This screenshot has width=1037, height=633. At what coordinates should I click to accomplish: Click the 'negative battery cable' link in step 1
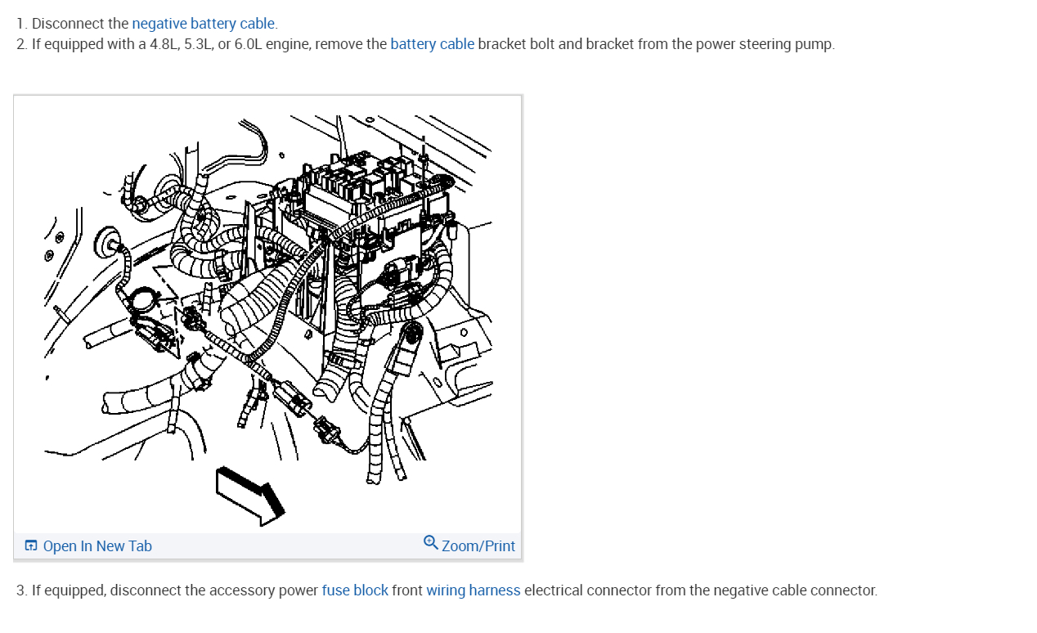(203, 24)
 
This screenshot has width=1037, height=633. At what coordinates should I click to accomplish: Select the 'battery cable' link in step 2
(432, 44)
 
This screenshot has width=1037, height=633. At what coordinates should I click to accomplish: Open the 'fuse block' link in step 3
(355, 590)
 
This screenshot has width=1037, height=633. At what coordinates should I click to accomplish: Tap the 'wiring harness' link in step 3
(473, 590)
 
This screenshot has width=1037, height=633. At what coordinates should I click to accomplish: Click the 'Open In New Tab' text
(97, 546)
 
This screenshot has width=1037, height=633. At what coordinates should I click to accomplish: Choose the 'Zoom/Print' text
(478, 546)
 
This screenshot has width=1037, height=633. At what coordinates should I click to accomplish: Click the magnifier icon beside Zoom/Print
(431, 543)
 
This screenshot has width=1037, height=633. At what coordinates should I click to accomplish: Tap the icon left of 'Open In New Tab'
(31, 546)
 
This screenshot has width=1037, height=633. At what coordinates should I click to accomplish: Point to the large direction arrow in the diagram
(250, 495)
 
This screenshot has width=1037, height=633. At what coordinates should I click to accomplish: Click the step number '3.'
(22, 590)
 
